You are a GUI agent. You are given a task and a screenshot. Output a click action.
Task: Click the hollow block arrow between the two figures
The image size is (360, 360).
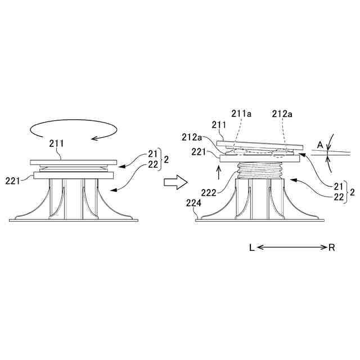(x=174, y=181)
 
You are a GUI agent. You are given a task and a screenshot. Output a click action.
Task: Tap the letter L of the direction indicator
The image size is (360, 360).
(x=252, y=247)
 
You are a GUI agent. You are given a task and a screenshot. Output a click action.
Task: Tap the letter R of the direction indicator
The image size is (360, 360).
(x=332, y=247)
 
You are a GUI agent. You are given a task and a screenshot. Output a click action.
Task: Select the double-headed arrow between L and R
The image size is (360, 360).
(x=292, y=247)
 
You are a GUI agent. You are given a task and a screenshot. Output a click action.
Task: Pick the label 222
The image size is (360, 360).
(x=209, y=192)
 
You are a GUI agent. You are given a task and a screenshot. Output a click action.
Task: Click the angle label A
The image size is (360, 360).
(x=319, y=145)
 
